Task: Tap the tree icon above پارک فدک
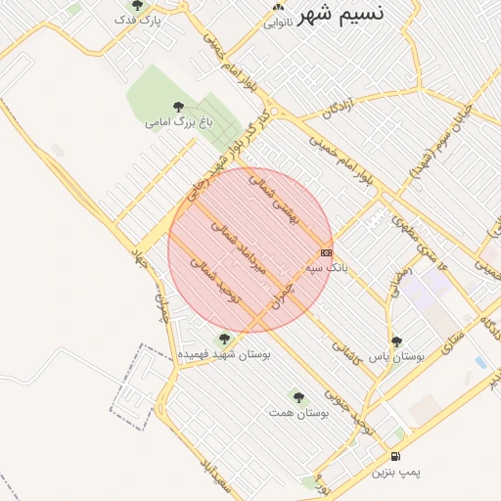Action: coord(137,5)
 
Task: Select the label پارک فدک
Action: coord(137,20)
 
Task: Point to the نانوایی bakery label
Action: coord(277,22)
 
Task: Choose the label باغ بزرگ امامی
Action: coord(178,122)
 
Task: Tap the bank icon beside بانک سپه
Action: coord(326,252)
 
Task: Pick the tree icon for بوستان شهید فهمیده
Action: coord(225,338)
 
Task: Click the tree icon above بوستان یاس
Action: coord(396,342)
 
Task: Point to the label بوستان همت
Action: coord(298,413)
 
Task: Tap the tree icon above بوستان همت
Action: coord(298,397)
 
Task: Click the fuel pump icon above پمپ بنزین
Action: coord(395,456)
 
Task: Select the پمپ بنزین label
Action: coord(395,472)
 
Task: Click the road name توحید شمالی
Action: coord(213,277)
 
